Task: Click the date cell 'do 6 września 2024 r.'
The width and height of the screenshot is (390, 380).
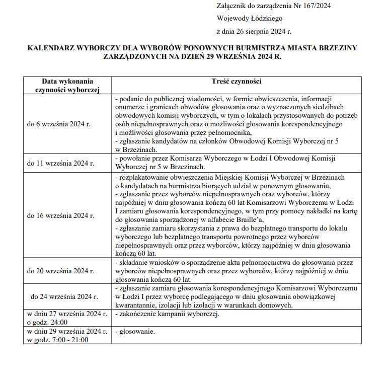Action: click(x=58, y=124)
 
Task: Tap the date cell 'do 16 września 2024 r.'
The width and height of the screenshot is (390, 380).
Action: click(x=59, y=216)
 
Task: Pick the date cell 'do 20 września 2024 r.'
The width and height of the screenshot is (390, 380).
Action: click(x=59, y=271)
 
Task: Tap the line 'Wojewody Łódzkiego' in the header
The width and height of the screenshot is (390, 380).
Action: click(x=249, y=18)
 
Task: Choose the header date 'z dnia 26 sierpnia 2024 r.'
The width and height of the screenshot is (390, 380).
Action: click(x=254, y=31)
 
